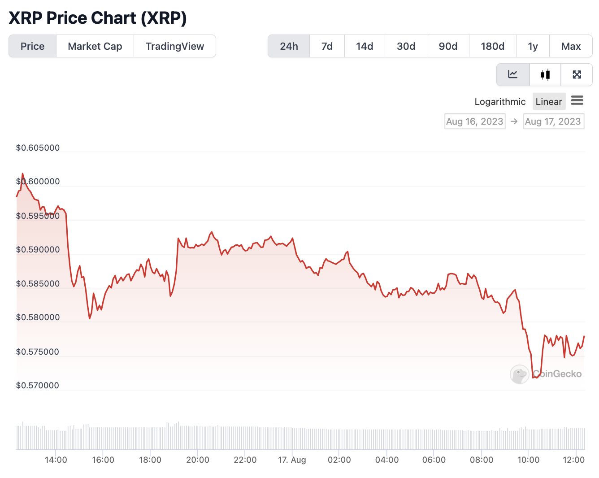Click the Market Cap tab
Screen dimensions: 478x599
(x=95, y=46)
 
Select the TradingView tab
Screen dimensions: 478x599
(x=175, y=46)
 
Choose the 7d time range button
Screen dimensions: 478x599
(x=327, y=46)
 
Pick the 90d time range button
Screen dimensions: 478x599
(x=448, y=46)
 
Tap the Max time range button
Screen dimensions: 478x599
(x=571, y=46)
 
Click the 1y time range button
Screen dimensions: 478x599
(x=533, y=46)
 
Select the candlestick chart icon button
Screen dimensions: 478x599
(x=545, y=74)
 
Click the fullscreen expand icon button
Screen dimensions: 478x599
(x=577, y=74)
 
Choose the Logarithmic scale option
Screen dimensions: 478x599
(x=500, y=102)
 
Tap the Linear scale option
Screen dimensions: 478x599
(x=549, y=102)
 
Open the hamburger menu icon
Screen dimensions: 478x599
(x=577, y=100)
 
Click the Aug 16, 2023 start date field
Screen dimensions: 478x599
(x=475, y=122)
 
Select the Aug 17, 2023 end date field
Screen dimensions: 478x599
(x=553, y=122)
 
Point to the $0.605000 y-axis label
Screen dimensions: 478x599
(x=38, y=148)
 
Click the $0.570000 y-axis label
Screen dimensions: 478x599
(x=38, y=386)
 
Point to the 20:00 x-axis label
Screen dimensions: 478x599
(x=198, y=460)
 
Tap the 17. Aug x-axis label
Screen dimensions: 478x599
(x=292, y=460)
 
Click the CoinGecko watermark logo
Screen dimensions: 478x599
(x=546, y=374)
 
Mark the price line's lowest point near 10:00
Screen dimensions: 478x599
(x=535, y=378)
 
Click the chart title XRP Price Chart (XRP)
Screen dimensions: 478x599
(x=98, y=18)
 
